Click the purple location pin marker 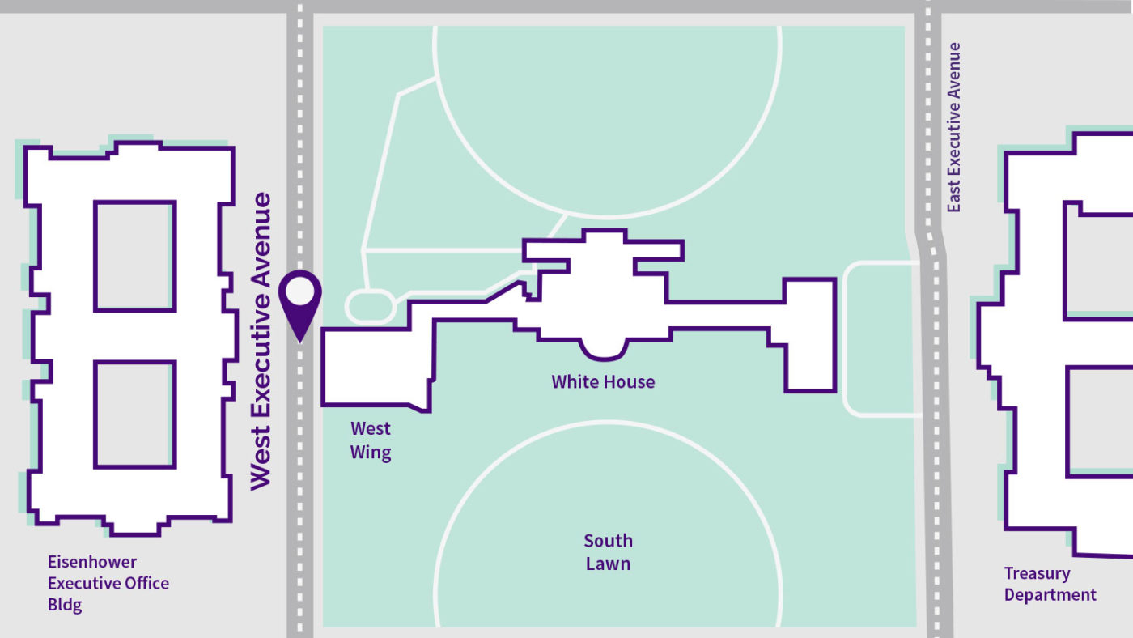300,304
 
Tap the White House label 603,382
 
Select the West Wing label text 371,440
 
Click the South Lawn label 608,552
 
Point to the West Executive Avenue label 261,342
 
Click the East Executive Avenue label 953,127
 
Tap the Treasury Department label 1050,584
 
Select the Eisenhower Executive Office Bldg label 108,583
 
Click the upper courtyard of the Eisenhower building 134,256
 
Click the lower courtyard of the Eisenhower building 134,415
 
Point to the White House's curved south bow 604,350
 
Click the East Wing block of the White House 810,335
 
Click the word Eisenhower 92,562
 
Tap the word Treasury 1037,574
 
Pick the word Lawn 608,564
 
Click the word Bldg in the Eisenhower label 64,605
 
